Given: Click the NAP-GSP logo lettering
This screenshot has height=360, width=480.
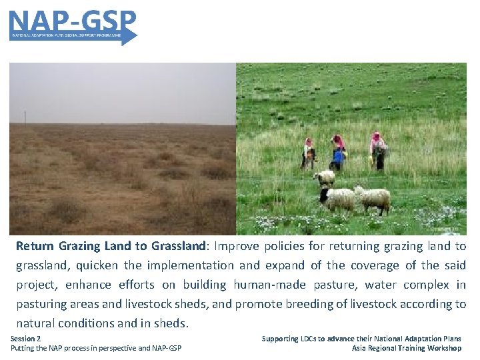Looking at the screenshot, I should click(x=72, y=20).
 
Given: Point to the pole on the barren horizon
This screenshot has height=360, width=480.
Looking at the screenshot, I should click(x=26, y=118).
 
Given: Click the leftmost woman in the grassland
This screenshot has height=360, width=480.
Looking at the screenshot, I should click(x=308, y=153).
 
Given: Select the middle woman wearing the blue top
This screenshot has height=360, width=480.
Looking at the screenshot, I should click(x=339, y=153).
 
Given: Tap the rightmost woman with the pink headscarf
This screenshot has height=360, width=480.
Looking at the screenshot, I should click(x=378, y=151).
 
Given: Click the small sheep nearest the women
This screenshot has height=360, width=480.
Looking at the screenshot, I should click(x=325, y=177).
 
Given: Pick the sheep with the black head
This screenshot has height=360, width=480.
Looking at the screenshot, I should click(x=337, y=199).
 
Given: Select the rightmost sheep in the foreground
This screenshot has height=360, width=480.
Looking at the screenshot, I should click(x=373, y=199).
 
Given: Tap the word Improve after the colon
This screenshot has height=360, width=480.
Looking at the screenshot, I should click(x=237, y=246).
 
